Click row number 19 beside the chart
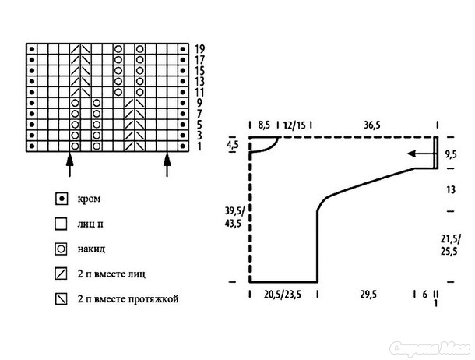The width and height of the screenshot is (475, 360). pyautogui.click(x=200, y=48)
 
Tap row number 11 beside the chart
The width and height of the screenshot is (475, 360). pyautogui.click(x=200, y=91)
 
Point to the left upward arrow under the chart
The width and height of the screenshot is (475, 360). pyautogui.click(x=69, y=164)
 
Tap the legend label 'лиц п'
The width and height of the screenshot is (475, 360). pyautogui.click(x=90, y=224)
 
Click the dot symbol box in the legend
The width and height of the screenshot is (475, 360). pyautogui.click(x=60, y=199)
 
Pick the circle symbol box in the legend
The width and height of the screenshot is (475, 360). pyautogui.click(x=60, y=249)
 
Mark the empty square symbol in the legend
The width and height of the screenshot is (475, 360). pyautogui.click(x=60, y=224)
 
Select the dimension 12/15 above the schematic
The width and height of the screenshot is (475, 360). pyautogui.click(x=295, y=124)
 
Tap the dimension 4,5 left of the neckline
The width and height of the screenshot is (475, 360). pyautogui.click(x=233, y=144)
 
